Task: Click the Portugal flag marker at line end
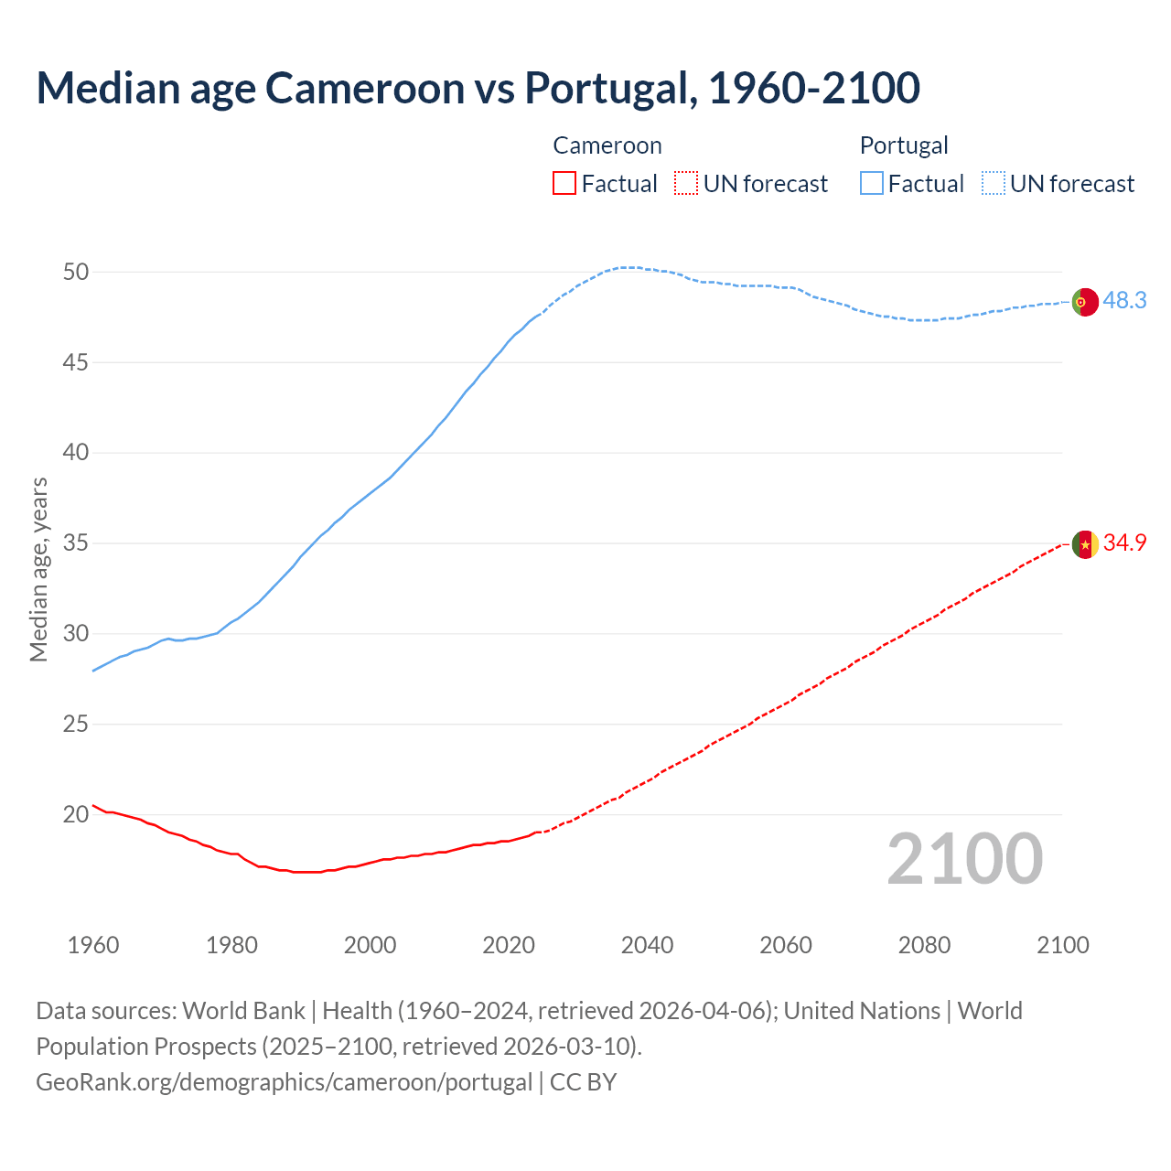1085,301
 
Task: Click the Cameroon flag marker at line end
1085,544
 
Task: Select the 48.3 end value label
1124,300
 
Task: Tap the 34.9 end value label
1124,543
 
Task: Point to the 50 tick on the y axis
76,272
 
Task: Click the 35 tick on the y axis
76,543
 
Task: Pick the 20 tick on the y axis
76,814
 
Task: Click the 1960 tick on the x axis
93,945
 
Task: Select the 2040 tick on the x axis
647,945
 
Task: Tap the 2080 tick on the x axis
924,945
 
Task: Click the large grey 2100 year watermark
964,859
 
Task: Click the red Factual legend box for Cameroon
564,184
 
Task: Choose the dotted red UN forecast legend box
686,184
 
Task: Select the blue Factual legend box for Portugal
872,184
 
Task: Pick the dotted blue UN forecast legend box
993,184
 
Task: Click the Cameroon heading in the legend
607,145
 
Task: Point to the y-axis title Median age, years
38,569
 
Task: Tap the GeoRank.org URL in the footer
284,1082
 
